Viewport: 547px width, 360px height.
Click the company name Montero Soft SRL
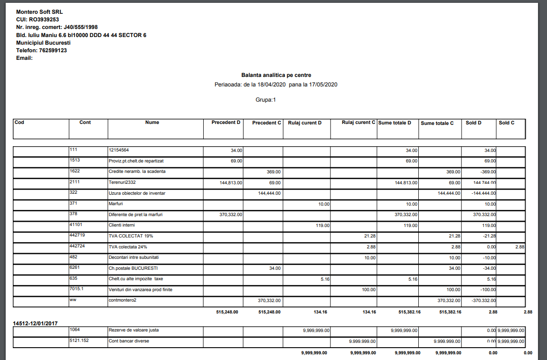pyautogui.click(x=39, y=11)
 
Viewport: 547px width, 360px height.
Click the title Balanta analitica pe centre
pyautogui.click(x=276, y=75)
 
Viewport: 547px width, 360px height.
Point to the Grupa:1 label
pyautogui.click(x=265, y=100)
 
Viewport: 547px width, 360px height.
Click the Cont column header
pyautogui.click(x=85, y=123)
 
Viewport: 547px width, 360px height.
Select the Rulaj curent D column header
pyautogui.click(x=305, y=123)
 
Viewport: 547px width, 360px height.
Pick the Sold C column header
pyautogui.click(x=507, y=123)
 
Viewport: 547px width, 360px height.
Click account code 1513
pyautogui.click(x=75, y=161)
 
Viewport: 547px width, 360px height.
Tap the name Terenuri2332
pyautogui.click(x=123, y=182)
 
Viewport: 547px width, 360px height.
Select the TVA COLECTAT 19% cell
pyautogui.click(x=131, y=236)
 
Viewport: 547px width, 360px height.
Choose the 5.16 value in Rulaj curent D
pyautogui.click(x=325, y=279)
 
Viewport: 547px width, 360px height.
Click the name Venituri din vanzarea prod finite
pyautogui.click(x=140, y=290)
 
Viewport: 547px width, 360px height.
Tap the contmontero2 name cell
pyautogui.click(x=123, y=301)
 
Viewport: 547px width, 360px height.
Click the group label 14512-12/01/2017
pyautogui.click(x=35, y=323)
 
